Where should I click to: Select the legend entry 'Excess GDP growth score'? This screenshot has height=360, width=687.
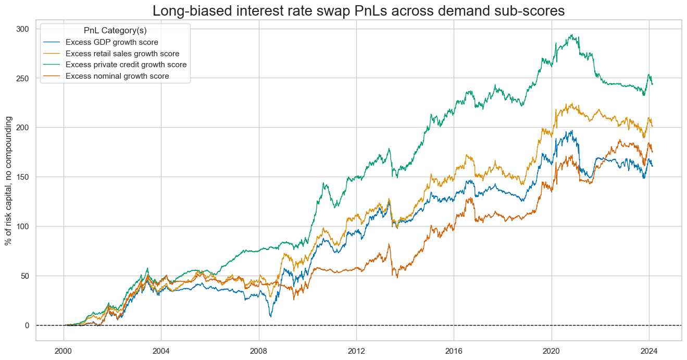[x=116, y=43]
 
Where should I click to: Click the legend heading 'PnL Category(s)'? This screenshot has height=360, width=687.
[x=115, y=31]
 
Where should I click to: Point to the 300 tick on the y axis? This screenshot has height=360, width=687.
[x=23, y=29]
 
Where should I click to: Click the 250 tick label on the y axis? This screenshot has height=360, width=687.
[x=23, y=78]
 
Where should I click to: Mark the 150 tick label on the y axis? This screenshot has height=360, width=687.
[x=23, y=177]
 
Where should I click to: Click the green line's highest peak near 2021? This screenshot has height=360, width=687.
[x=572, y=35]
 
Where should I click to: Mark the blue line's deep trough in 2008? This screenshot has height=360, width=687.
[x=270, y=316]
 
